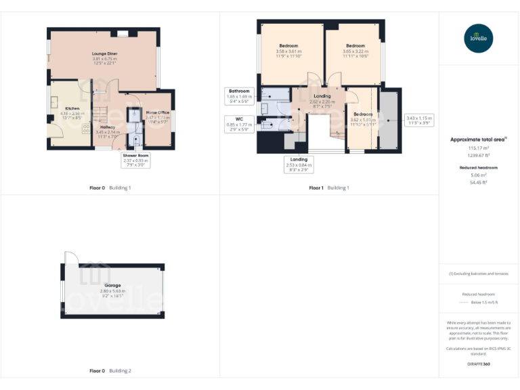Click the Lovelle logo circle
(479, 38)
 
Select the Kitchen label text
(72, 112)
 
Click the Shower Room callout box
(136, 160)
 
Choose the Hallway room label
(108, 130)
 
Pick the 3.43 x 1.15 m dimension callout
(419, 121)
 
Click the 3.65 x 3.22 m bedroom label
(355, 50)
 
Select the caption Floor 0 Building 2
(110, 371)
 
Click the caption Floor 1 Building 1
(330, 188)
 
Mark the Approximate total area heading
(479, 140)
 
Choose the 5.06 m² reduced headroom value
(479, 175)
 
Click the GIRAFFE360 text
(479, 364)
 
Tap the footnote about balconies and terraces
(479, 274)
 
